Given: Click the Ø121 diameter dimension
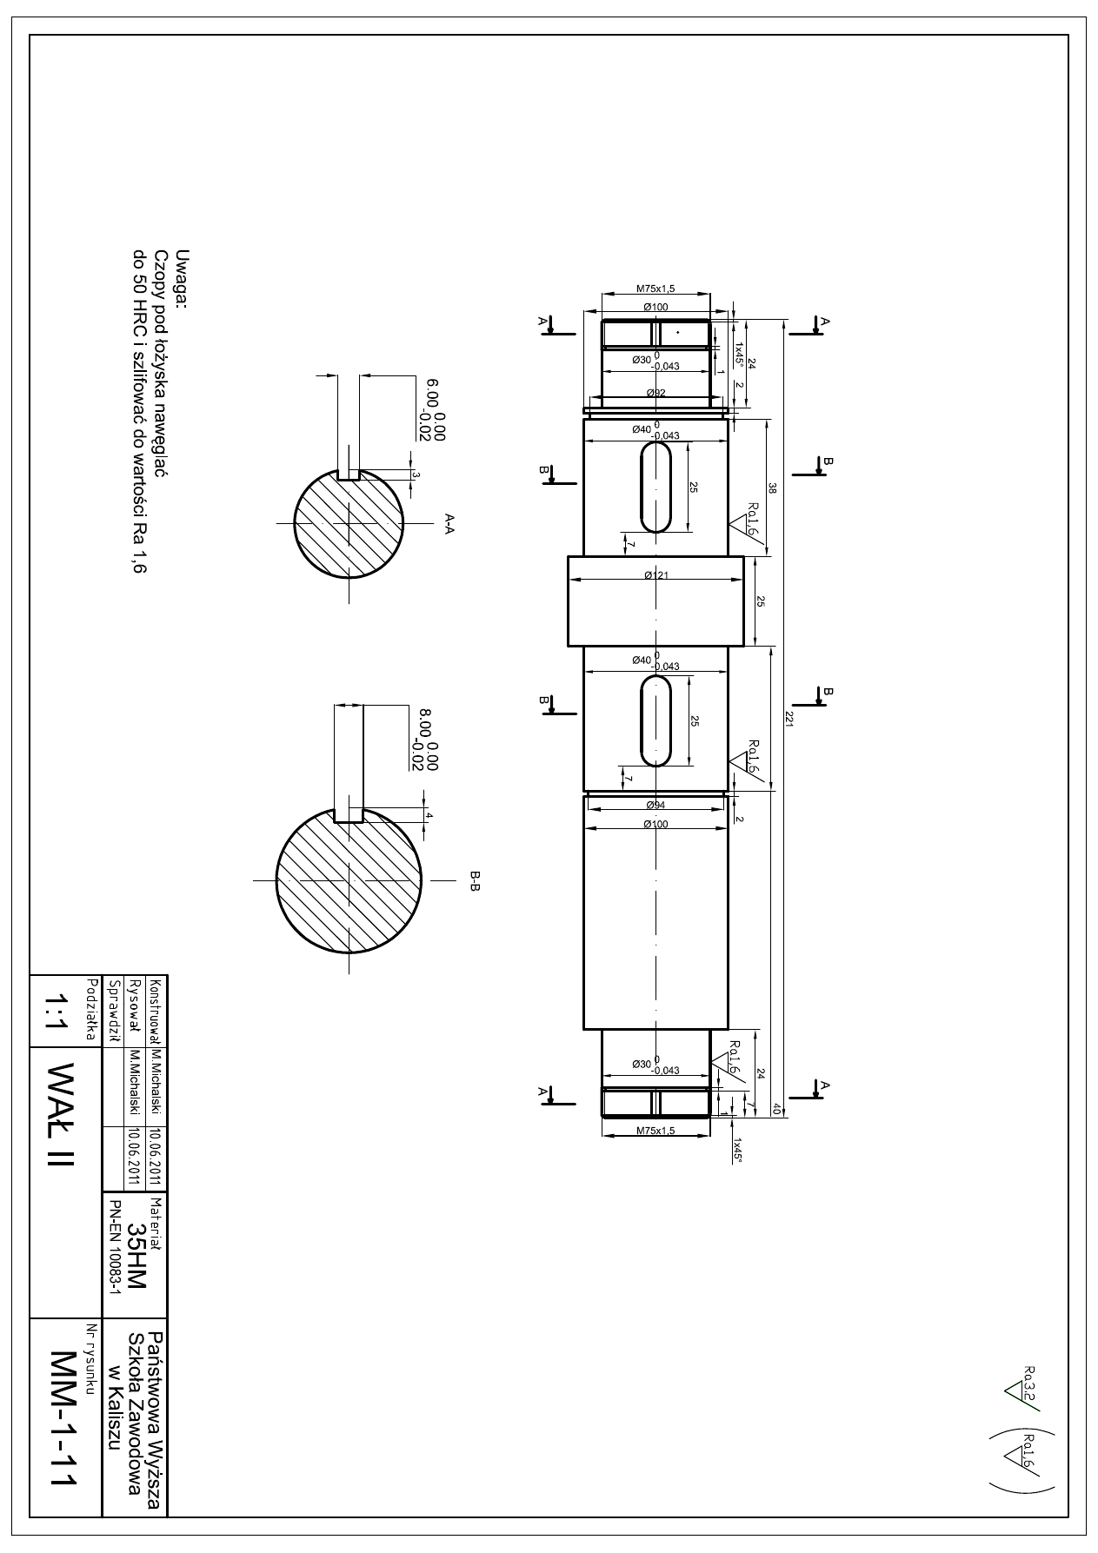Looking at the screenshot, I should pyautogui.click(x=655, y=575).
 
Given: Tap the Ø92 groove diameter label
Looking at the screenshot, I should pyautogui.click(x=656, y=393).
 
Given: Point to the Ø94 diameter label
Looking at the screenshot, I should pyautogui.click(x=655, y=806).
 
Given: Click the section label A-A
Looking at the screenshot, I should pyautogui.click(x=449, y=522).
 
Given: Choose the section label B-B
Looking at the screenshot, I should pyautogui.click(x=475, y=880).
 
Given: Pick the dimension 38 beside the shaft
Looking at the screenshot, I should pyautogui.click(x=772, y=488).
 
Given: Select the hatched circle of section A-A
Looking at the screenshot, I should pyautogui.click(x=349, y=522).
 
